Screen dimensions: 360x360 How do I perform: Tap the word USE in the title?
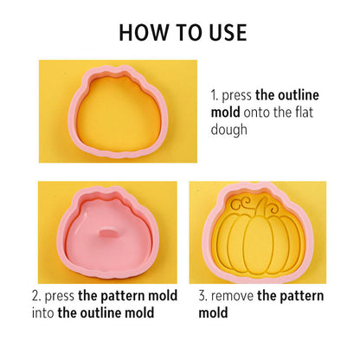(228, 32)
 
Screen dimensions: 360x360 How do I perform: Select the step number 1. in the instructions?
(215, 95)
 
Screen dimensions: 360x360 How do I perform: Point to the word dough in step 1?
(229, 130)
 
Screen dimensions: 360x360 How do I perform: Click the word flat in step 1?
(305, 112)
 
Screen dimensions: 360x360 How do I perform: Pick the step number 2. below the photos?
(36, 296)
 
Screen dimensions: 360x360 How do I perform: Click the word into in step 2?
(42, 313)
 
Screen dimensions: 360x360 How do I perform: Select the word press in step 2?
(60, 297)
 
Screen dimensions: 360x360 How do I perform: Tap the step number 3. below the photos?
(202, 296)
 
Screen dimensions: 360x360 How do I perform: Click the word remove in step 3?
(232, 297)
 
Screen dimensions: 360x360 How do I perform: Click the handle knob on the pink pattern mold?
(109, 233)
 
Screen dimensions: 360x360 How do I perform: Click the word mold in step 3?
(213, 313)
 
